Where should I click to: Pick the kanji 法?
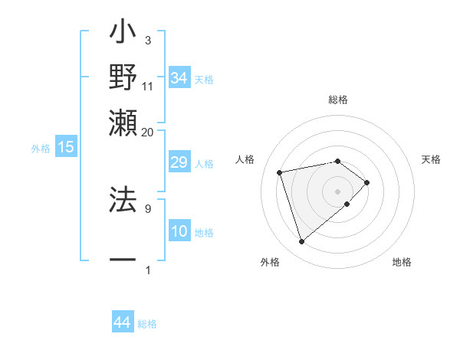(123, 197)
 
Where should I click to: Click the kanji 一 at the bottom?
(123, 260)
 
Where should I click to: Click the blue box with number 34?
(179, 77)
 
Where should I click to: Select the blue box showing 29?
(179, 162)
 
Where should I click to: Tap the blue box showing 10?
(179, 231)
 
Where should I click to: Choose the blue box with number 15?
(66, 147)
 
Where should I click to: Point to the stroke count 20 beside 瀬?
(147, 132)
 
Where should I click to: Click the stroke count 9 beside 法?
(147, 208)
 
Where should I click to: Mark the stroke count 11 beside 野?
(148, 86)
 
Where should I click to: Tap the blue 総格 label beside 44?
(147, 324)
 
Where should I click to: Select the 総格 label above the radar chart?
(338, 100)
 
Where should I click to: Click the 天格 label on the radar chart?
(431, 159)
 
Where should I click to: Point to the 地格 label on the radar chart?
(402, 263)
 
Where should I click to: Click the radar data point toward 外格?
(301, 242)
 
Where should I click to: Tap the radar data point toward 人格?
(280, 172)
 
